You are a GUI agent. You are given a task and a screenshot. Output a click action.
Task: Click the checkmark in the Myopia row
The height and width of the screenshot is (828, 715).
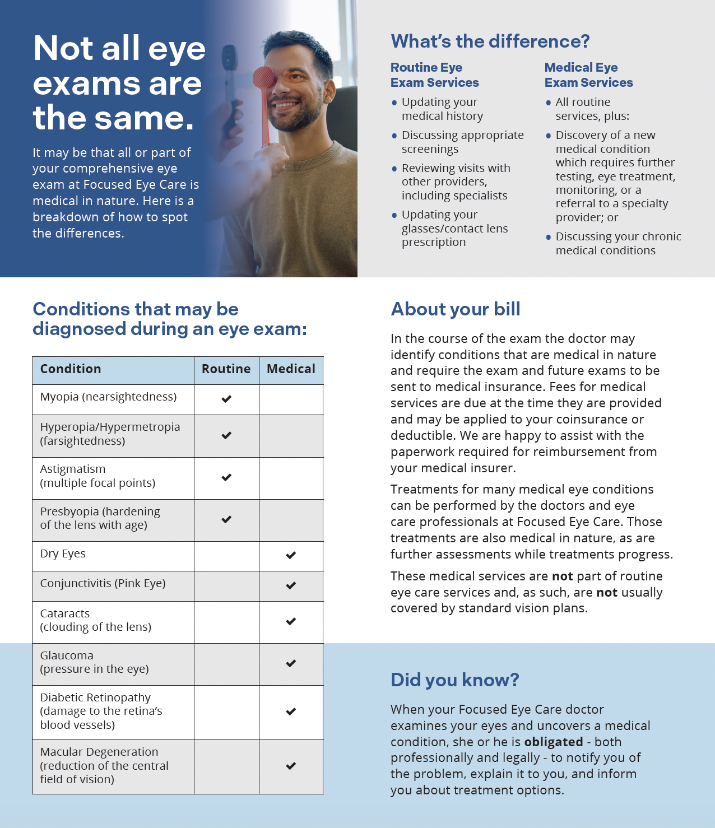226,399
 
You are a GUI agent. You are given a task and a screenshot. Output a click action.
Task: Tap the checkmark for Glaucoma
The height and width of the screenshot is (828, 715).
291,664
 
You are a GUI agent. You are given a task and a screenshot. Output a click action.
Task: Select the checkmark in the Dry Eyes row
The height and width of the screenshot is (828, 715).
291,556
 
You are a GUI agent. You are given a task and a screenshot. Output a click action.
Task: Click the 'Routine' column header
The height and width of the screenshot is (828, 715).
226,369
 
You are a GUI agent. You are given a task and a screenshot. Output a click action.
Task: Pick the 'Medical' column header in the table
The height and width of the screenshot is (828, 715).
291,369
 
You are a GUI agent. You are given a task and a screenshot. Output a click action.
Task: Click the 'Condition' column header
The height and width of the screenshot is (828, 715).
71,369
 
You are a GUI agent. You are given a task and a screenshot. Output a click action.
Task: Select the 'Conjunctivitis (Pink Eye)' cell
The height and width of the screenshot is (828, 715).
103,584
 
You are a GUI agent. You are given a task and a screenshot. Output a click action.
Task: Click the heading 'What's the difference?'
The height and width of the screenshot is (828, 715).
490,41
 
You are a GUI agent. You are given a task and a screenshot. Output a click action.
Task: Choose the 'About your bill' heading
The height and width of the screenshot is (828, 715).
456,309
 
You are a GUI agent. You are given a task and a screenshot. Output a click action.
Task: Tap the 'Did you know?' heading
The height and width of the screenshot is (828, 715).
455,680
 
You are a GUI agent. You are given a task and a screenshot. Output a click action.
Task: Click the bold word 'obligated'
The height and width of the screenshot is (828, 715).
554,742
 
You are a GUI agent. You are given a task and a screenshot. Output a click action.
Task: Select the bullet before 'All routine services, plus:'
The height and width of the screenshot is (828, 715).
549,103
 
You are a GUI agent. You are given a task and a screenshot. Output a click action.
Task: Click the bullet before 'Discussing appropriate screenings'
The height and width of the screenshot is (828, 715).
394,136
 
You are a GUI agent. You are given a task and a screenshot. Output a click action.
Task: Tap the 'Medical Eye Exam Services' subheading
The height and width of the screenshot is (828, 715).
588,75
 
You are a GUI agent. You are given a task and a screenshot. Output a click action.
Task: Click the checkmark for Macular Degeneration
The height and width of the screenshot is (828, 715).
291,766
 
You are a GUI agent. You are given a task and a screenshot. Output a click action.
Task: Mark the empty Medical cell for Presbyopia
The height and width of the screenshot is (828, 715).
291,520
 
